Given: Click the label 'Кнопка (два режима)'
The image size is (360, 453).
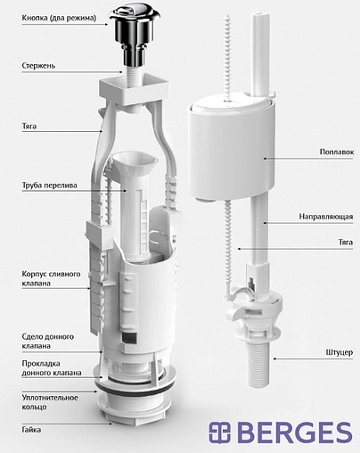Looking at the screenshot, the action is pyautogui.click(x=59, y=18).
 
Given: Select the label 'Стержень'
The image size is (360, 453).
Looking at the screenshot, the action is pyautogui.click(x=38, y=66).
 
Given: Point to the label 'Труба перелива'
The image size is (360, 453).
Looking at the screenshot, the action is pyautogui.click(x=49, y=185).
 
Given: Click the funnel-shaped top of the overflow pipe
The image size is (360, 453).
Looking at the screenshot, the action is pyautogui.click(x=134, y=162).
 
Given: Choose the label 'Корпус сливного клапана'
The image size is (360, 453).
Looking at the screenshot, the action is pyautogui.click(x=51, y=278).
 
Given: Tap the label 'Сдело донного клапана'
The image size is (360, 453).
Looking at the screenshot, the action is pyautogui.click(x=48, y=341).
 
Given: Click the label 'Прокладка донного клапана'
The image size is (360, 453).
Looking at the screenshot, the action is pyautogui.click(x=52, y=368).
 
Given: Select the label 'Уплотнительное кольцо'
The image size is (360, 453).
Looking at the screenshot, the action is pyautogui.click(x=50, y=402).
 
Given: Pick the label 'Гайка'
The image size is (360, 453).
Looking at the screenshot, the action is pyautogui.click(x=31, y=430).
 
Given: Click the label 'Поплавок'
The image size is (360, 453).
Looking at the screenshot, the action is pyautogui.click(x=337, y=152).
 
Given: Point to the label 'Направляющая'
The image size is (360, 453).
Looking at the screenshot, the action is pyautogui.click(x=326, y=217).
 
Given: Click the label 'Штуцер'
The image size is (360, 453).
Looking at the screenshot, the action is pyautogui.click(x=340, y=352).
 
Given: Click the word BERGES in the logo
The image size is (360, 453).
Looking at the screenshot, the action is pyautogui.click(x=295, y=432).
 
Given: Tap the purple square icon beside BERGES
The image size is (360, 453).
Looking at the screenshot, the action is pyautogui.click(x=219, y=432).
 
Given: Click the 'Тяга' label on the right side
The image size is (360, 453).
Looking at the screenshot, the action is pyautogui.click(x=346, y=243).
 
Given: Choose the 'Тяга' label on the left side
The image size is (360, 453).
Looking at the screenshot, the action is pyautogui.click(x=29, y=127).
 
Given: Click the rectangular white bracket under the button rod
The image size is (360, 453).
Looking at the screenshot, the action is pyautogui.click(x=135, y=89).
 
